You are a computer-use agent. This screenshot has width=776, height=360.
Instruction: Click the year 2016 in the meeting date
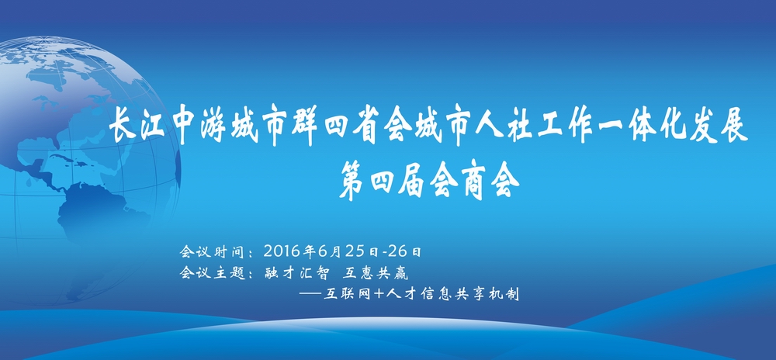(x=282, y=251)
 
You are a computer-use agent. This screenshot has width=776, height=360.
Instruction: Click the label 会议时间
(x=213, y=251)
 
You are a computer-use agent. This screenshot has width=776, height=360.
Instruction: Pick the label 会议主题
(x=213, y=272)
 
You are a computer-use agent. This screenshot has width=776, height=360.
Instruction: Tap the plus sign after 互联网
(x=379, y=294)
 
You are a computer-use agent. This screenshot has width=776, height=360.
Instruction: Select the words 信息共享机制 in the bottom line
(x=468, y=294)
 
